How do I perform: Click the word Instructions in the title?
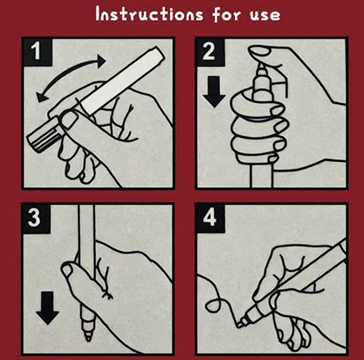click(150, 14)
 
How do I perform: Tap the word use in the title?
click(265, 15)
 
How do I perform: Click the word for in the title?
click(226, 14)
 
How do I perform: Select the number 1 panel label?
click(36, 51)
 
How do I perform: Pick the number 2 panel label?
click(209, 51)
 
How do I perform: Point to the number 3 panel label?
click(34, 218)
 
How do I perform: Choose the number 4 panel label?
click(210, 218)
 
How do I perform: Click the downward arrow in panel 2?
click(214, 92)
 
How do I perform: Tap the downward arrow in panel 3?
click(47, 308)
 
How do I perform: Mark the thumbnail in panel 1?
click(69, 120)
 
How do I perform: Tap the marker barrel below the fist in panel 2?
click(261, 176)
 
